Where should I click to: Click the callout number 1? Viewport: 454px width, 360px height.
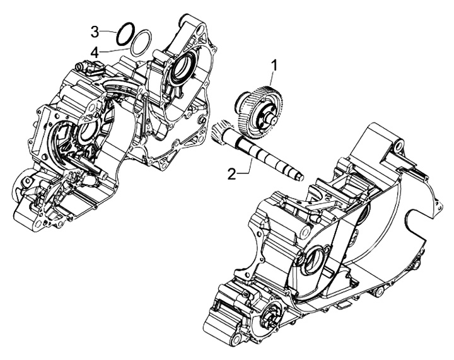(274, 64)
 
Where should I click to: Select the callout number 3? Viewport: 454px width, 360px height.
(95, 31)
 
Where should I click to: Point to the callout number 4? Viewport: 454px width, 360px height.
(95, 51)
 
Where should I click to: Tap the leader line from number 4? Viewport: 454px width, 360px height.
(113, 49)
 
